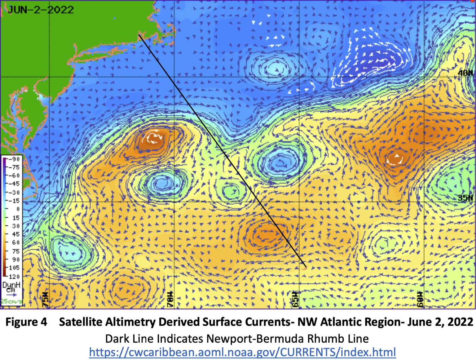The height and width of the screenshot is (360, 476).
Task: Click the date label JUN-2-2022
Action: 41,10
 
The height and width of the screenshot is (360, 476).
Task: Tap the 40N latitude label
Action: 465,73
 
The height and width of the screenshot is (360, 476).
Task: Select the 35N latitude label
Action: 465,198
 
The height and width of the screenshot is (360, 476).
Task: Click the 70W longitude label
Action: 170,299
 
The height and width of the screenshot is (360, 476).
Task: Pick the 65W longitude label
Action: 295,299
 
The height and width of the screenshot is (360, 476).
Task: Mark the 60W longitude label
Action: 420,299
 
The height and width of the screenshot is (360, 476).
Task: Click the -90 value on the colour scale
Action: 14,159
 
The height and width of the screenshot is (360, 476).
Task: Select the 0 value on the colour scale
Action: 18,209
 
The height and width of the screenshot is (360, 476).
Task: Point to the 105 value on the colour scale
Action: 14,268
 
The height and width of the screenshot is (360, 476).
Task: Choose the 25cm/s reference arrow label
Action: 11,301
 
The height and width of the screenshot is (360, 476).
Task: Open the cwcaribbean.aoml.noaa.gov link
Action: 242,352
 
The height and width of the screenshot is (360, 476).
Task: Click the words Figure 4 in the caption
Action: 26,322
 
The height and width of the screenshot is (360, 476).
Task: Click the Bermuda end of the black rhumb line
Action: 306,267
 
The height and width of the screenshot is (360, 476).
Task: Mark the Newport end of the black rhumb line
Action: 139,35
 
